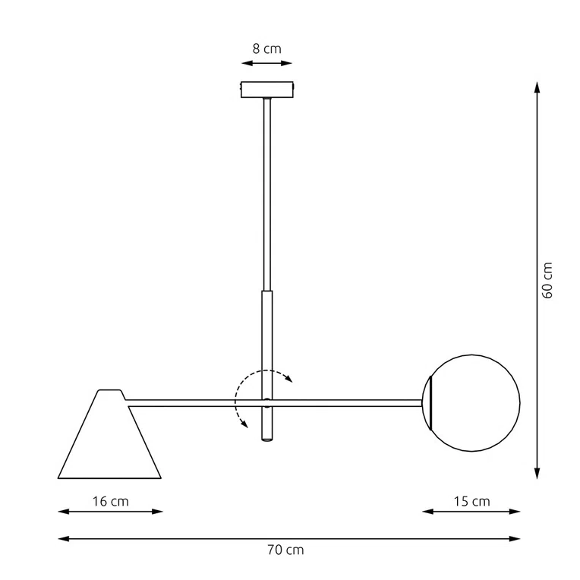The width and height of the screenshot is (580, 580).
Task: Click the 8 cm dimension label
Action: click(x=266, y=48)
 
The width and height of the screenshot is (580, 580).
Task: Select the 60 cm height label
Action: click(x=547, y=280)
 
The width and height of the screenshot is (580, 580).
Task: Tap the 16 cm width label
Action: click(x=111, y=501)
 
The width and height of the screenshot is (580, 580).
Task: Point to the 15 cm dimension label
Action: click(x=471, y=501)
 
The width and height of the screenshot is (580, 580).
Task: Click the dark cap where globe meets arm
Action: click(x=427, y=402)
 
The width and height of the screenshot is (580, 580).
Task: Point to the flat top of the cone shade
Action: click(x=109, y=391)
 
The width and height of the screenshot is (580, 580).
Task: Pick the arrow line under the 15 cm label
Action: click(x=471, y=512)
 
